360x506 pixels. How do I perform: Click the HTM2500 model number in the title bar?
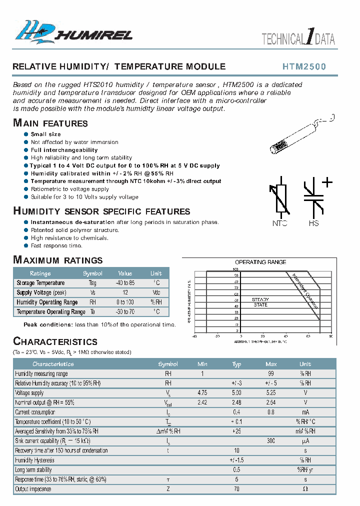pyautogui.click(x=304, y=66)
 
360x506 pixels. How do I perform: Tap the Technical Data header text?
pyautogui.click(x=298, y=39)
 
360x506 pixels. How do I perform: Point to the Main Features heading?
pyautogui.click(x=50, y=123)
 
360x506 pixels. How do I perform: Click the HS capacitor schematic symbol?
pyautogui.click(x=313, y=198)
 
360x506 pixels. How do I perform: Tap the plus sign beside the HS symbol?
pyautogui.click(x=327, y=182)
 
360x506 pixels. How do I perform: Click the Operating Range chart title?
pyautogui.click(x=260, y=262)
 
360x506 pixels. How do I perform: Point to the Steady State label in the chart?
pyautogui.click(x=260, y=301)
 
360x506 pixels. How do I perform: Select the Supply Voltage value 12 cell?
pyautogui.click(x=125, y=292)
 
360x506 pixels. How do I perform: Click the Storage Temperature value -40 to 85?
pyautogui.click(x=125, y=283)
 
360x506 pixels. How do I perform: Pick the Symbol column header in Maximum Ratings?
pyautogui.click(x=92, y=273)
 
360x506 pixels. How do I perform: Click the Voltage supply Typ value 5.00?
pyautogui.click(x=236, y=393)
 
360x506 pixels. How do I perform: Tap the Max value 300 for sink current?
pyautogui.click(x=271, y=441)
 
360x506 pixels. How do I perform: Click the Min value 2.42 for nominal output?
pyautogui.click(x=202, y=402)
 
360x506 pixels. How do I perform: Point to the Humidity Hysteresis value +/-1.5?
pyautogui.click(x=236, y=460)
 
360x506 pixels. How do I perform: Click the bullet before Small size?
pyautogui.click(x=26, y=134)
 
